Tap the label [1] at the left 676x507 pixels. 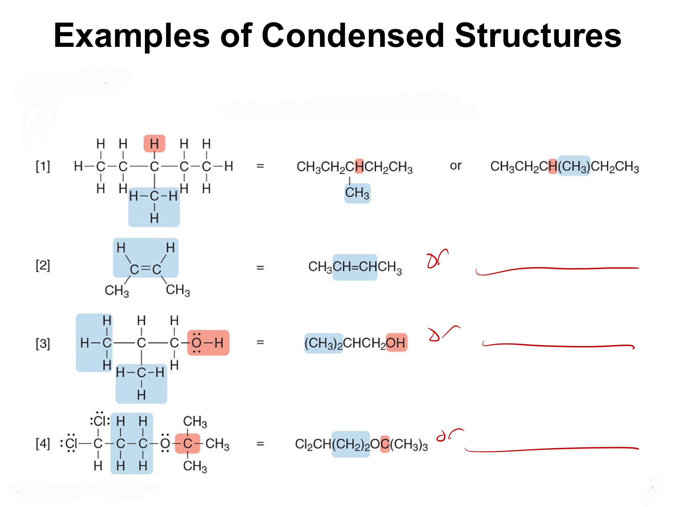tap(43, 166)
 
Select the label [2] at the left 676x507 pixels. tap(43, 265)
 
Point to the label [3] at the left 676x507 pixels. tap(43, 343)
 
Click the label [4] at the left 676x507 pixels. tap(43, 444)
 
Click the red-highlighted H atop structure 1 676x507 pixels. tap(154, 144)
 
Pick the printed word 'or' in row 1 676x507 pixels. tap(455, 166)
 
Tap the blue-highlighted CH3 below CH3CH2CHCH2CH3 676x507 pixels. tap(357, 193)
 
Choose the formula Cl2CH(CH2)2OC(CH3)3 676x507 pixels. tap(361, 444)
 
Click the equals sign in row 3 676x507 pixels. tap(260, 342)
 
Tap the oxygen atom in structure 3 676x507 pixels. tap(196, 343)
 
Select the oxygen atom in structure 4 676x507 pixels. tap(165, 443)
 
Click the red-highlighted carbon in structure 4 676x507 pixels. tap(187, 443)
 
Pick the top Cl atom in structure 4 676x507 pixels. tap(100, 421)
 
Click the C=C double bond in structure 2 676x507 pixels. tap(146, 269)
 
